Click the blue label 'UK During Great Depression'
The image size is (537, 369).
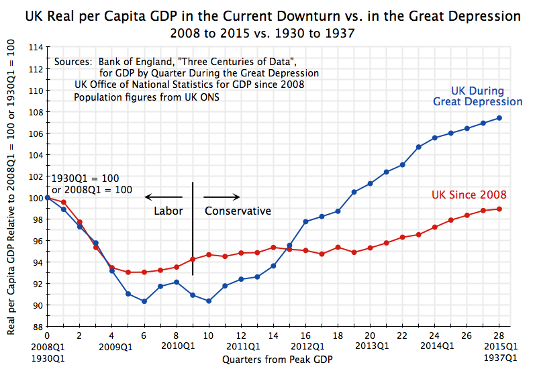[x=477, y=97]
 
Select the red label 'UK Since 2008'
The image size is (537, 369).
[x=468, y=195]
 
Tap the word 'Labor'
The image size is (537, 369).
[x=168, y=211]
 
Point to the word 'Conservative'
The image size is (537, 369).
[x=238, y=211]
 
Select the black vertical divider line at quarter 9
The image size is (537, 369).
[x=193, y=228]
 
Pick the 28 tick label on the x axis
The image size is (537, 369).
[x=499, y=335]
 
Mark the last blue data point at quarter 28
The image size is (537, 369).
[x=499, y=118]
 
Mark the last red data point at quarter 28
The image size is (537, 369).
[x=499, y=209]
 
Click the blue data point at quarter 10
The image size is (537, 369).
[x=209, y=301]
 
